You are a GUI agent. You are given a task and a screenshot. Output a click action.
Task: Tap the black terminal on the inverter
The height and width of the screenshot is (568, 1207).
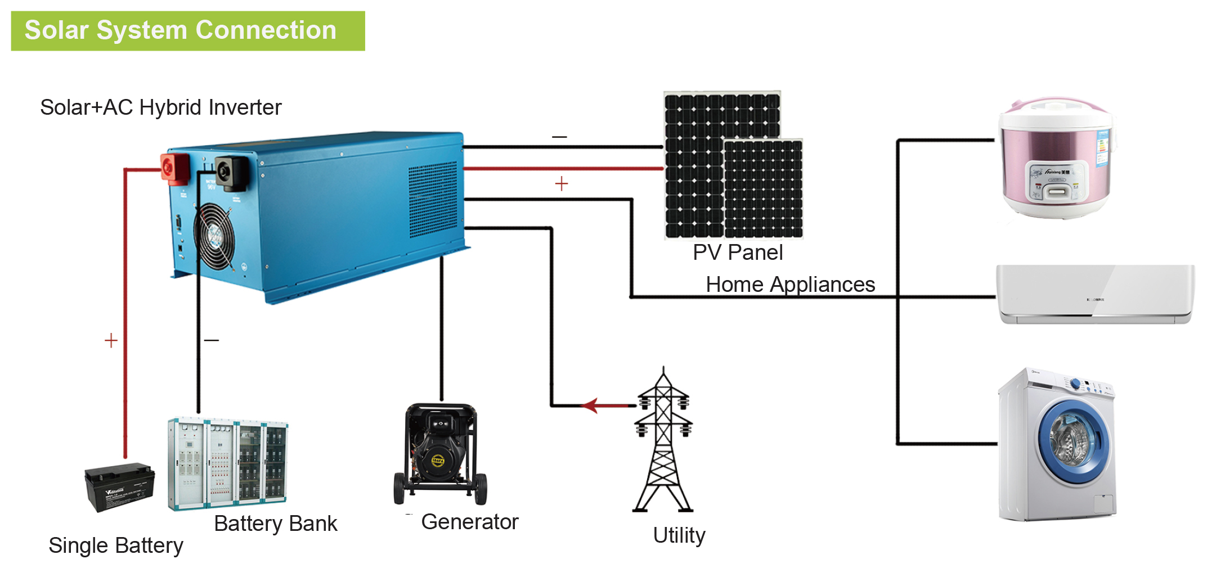click(x=231, y=173)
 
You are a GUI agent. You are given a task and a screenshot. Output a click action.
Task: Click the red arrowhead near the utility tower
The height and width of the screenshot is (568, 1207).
click(x=590, y=405)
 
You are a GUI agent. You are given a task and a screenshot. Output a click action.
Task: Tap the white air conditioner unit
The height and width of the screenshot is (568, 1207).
click(x=1094, y=294)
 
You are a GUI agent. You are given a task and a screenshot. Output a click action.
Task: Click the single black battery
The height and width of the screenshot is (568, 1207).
click(x=119, y=486)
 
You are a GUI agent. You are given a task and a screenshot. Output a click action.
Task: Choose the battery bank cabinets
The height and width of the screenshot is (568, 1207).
click(x=227, y=463)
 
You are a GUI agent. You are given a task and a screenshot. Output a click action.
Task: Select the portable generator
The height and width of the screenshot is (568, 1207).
click(x=440, y=453)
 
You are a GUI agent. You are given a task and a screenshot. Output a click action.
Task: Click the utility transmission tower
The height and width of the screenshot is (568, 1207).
click(x=663, y=442)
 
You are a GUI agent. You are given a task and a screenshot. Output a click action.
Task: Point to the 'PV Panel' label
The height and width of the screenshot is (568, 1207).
click(x=737, y=253)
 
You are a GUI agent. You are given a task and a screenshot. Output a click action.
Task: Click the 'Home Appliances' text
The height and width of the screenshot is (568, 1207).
click(x=790, y=285)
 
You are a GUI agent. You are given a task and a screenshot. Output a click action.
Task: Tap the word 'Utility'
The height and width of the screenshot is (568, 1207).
click(x=679, y=535)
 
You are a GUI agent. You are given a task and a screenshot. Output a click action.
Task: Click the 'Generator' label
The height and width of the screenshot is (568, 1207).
click(x=469, y=522)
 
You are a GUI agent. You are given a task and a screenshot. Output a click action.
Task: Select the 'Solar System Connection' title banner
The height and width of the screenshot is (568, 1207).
click(x=187, y=31)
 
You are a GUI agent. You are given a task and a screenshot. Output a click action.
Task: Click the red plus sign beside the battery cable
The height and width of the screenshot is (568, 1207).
click(x=111, y=340)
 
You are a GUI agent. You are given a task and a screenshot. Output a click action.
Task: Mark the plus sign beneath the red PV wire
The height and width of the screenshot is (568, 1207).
click(x=561, y=184)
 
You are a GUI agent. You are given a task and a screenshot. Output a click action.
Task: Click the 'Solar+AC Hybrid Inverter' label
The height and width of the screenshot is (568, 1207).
click(x=160, y=107)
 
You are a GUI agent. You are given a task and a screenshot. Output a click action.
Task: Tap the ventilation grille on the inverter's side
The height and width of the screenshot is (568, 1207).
click(x=432, y=200)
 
